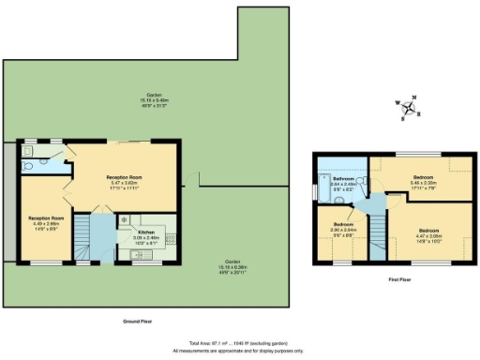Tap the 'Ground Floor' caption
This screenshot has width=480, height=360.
tap(138, 322)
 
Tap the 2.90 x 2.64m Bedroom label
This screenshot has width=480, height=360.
tap(342, 229)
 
